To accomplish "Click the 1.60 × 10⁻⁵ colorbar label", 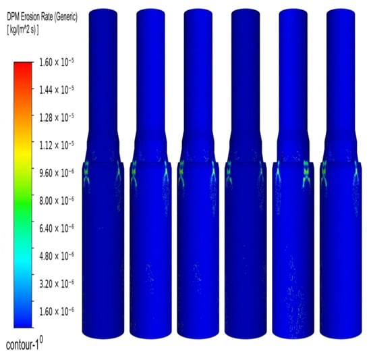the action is pos(56,63).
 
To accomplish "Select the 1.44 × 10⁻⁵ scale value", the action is pos(56,90).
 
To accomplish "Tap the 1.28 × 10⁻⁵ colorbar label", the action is pos(56,118).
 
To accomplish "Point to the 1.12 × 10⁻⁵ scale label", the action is pos(56,145).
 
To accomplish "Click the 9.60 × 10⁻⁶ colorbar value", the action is pos(56,173).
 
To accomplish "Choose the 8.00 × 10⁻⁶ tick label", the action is pos(56,201).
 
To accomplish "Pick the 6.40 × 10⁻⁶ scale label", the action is pos(56,228).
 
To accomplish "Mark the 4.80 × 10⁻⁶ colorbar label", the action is pos(56,256).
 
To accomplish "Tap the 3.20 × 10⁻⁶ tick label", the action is pos(56,284).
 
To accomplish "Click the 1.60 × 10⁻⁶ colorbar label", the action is pos(56,311).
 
